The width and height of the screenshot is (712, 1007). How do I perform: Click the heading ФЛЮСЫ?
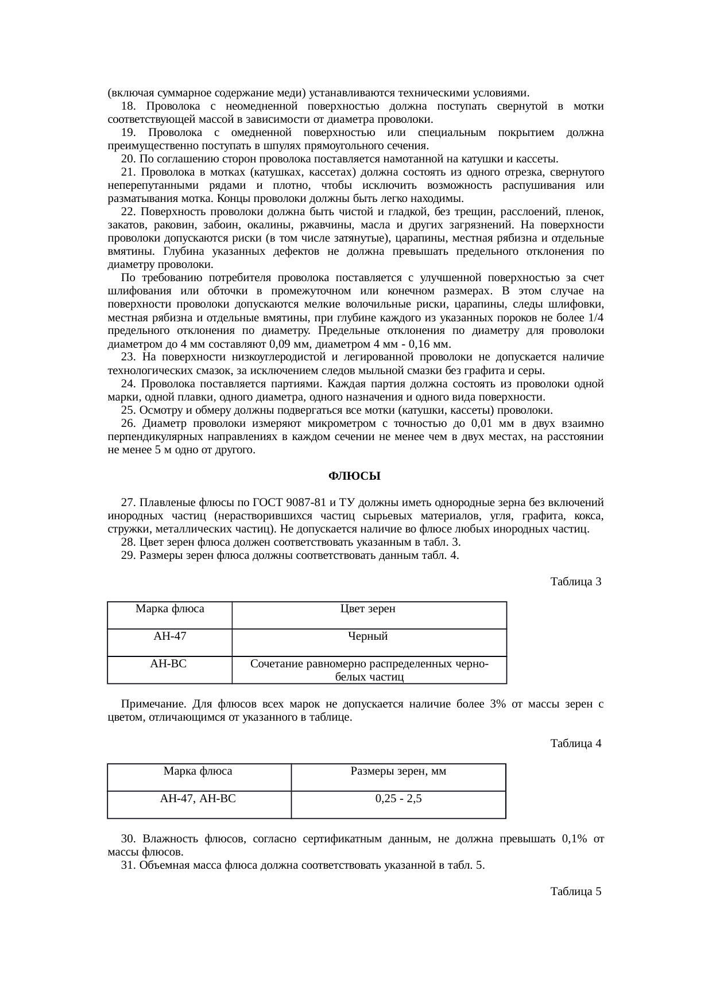(x=354, y=477)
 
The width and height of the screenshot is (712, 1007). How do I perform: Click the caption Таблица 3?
(x=575, y=582)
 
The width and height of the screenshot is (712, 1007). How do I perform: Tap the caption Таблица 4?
(x=575, y=744)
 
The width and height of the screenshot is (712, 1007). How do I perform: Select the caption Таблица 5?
(x=575, y=892)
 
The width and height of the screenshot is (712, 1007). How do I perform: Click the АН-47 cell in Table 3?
(x=169, y=636)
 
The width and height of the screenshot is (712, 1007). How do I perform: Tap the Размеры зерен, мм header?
(x=398, y=771)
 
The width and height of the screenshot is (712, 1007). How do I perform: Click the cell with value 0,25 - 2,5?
(x=398, y=798)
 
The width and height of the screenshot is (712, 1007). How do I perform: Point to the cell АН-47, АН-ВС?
(x=198, y=798)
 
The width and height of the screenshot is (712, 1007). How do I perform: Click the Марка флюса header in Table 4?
(x=198, y=771)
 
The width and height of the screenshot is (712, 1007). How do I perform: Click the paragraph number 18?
(x=128, y=106)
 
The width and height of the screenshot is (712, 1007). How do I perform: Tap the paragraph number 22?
(x=128, y=212)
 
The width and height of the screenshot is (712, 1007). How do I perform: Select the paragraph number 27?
(x=128, y=503)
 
